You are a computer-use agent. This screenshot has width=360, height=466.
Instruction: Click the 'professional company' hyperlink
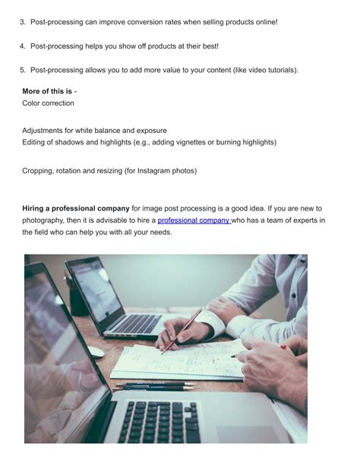[x=194, y=220]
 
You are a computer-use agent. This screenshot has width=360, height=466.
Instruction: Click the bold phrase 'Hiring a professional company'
[x=75, y=208]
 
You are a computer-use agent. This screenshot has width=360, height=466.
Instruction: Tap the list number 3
[x=22, y=21]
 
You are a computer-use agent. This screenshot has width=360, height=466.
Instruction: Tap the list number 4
[x=22, y=46]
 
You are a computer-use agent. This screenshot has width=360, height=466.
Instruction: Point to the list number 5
[x=22, y=71]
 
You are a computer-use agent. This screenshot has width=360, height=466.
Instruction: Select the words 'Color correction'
[x=49, y=103]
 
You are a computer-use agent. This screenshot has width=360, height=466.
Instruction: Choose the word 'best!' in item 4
[x=207, y=46]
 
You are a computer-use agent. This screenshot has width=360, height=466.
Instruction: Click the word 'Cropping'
[x=38, y=171]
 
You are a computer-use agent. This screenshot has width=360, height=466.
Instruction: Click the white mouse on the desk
[x=95, y=351]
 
